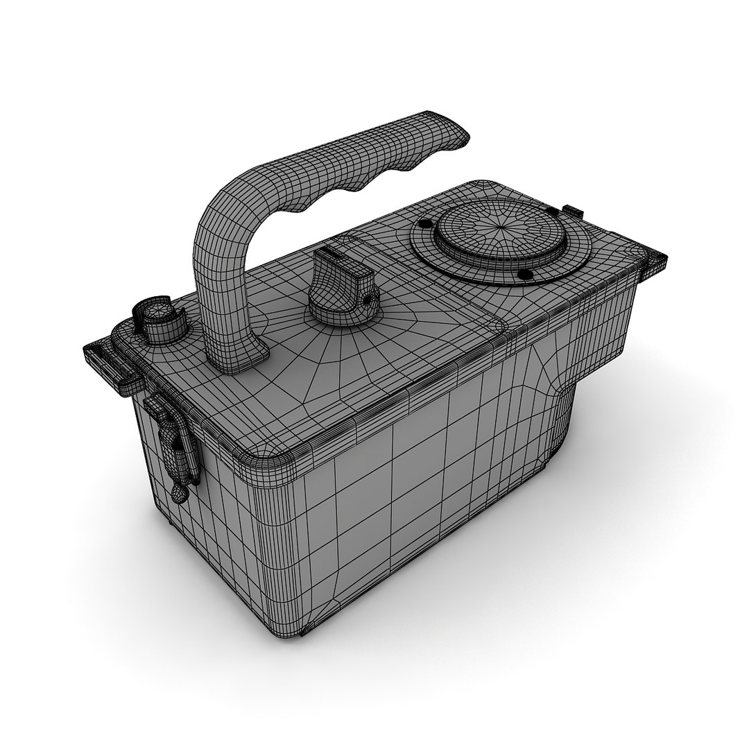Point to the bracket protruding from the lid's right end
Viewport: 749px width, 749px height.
click(655, 261)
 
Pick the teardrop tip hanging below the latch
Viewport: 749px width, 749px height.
click(178, 493)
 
